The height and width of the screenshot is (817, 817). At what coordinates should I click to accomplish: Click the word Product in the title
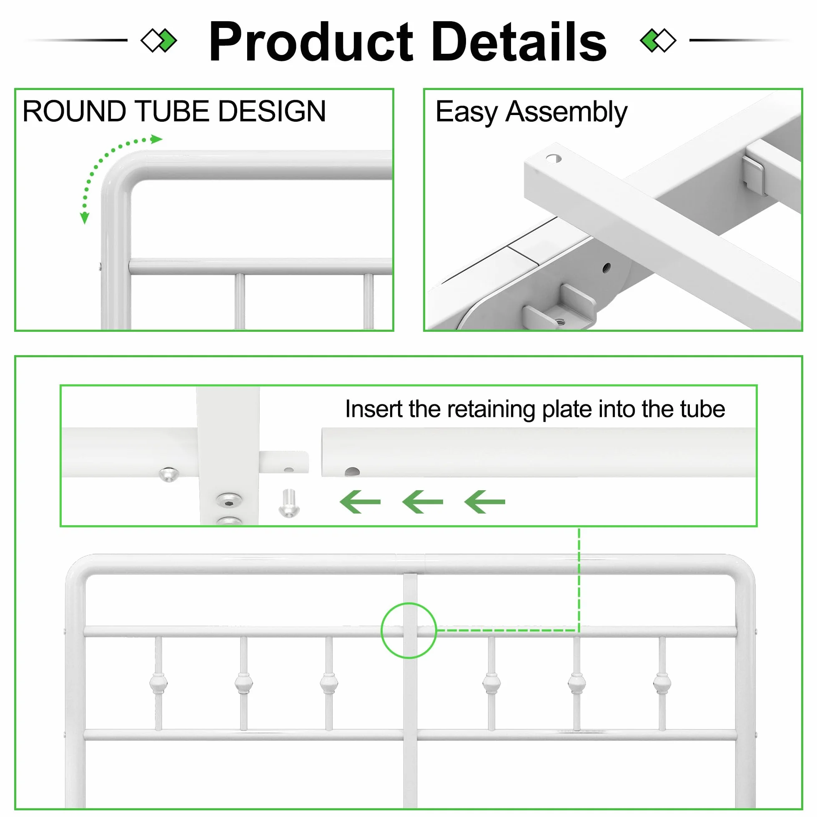[311, 41]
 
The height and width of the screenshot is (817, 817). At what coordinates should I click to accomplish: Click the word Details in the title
[519, 41]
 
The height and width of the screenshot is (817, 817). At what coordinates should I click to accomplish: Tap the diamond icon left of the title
[158, 40]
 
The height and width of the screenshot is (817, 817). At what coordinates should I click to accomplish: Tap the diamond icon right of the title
[659, 40]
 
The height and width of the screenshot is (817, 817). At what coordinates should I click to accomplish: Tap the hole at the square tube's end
[554, 158]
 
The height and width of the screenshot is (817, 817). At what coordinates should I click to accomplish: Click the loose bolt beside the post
[289, 503]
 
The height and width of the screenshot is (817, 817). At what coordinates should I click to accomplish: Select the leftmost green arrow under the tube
[360, 502]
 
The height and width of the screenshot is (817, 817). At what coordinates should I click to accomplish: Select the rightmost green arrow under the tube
[485, 502]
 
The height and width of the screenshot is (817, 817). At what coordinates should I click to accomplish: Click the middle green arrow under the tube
[422, 502]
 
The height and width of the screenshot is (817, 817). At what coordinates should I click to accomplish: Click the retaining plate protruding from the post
[284, 462]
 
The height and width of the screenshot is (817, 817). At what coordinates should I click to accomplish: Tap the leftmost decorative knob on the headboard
[158, 683]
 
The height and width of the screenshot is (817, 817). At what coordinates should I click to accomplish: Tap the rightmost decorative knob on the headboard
[662, 683]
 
